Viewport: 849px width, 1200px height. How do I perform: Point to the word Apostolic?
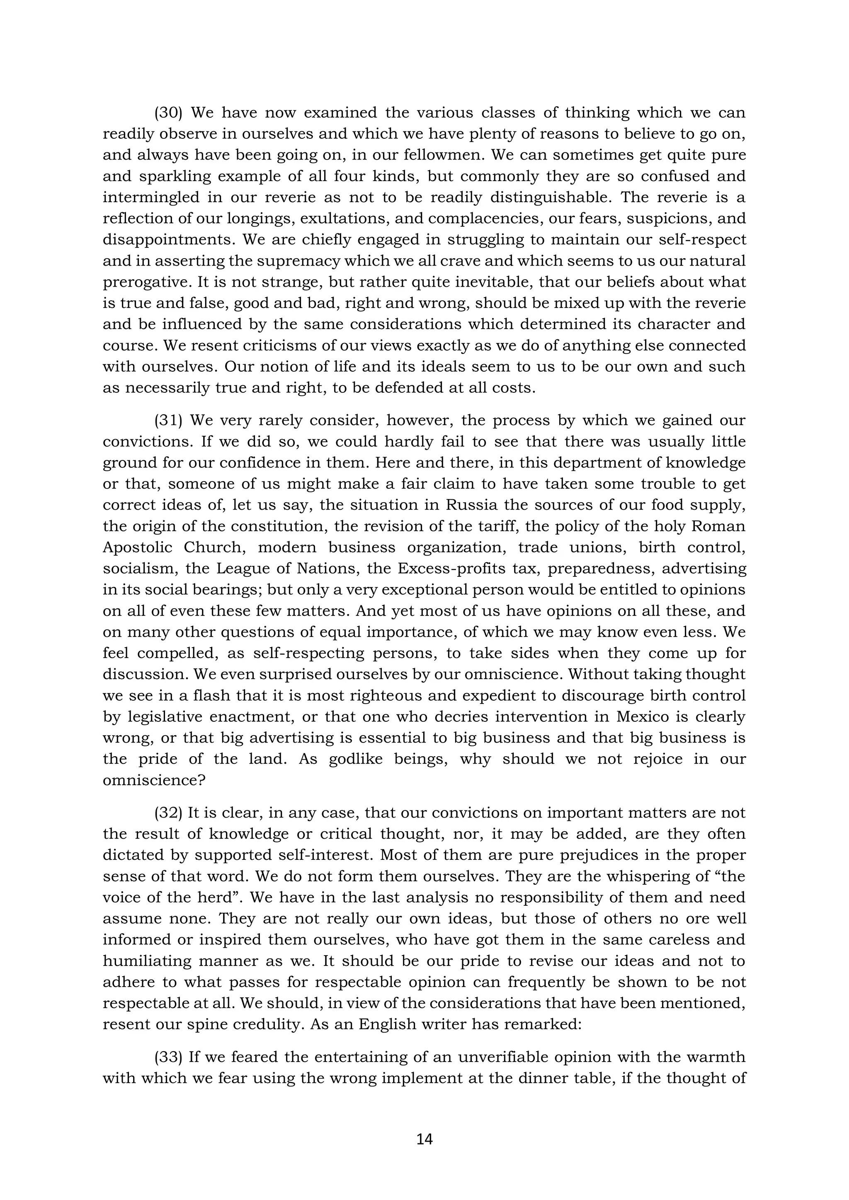click(x=137, y=548)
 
